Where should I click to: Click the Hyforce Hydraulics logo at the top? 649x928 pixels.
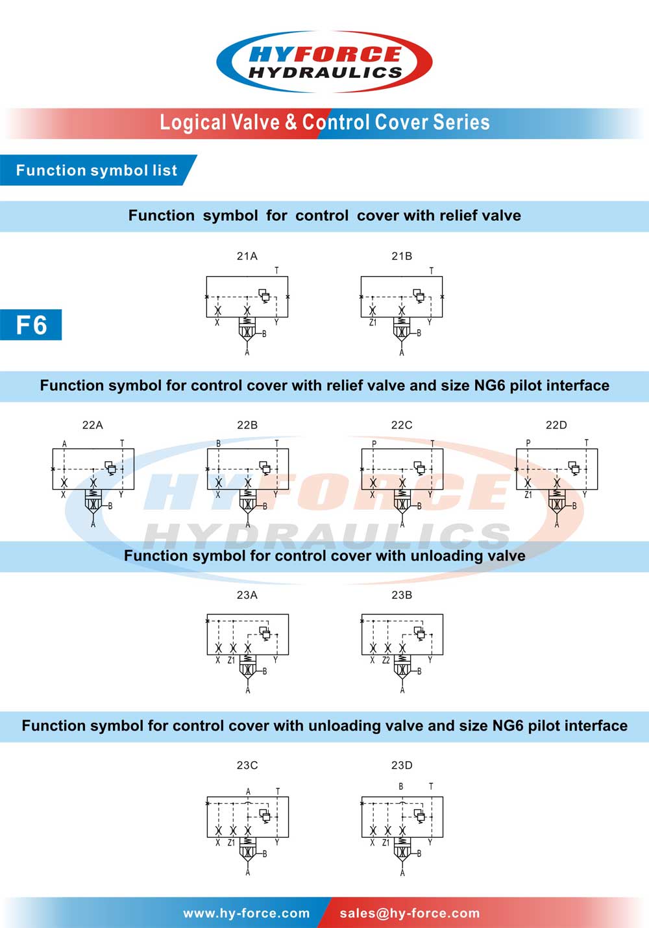pyautogui.click(x=324, y=62)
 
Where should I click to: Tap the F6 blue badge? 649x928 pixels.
pyautogui.click(x=31, y=325)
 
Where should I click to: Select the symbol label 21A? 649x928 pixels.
pyautogui.click(x=247, y=256)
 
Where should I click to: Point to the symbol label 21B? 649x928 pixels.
pyautogui.click(x=402, y=256)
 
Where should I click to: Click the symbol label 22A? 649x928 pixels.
pyautogui.click(x=92, y=425)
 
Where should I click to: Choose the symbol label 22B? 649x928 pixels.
pyautogui.click(x=247, y=425)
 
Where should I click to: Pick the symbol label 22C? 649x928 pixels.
pyautogui.click(x=402, y=425)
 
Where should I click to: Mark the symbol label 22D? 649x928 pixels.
pyautogui.click(x=556, y=425)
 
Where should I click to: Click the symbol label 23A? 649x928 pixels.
pyautogui.click(x=247, y=595)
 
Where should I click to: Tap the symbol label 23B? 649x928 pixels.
pyautogui.click(x=402, y=595)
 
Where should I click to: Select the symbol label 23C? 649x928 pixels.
pyautogui.click(x=247, y=765)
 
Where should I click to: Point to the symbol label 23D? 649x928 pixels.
pyautogui.click(x=402, y=765)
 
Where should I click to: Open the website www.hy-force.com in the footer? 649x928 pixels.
pyautogui.click(x=247, y=913)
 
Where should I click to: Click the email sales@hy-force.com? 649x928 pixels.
pyautogui.click(x=410, y=913)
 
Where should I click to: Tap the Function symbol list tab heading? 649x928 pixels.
pyautogui.click(x=97, y=170)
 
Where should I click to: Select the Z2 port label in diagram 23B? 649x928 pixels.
pyautogui.click(x=386, y=660)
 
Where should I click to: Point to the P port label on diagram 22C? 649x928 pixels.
pyautogui.click(x=374, y=444)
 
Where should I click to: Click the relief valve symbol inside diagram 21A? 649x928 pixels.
pyautogui.click(x=264, y=295)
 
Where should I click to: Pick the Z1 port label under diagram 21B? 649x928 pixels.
pyautogui.click(x=373, y=322)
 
